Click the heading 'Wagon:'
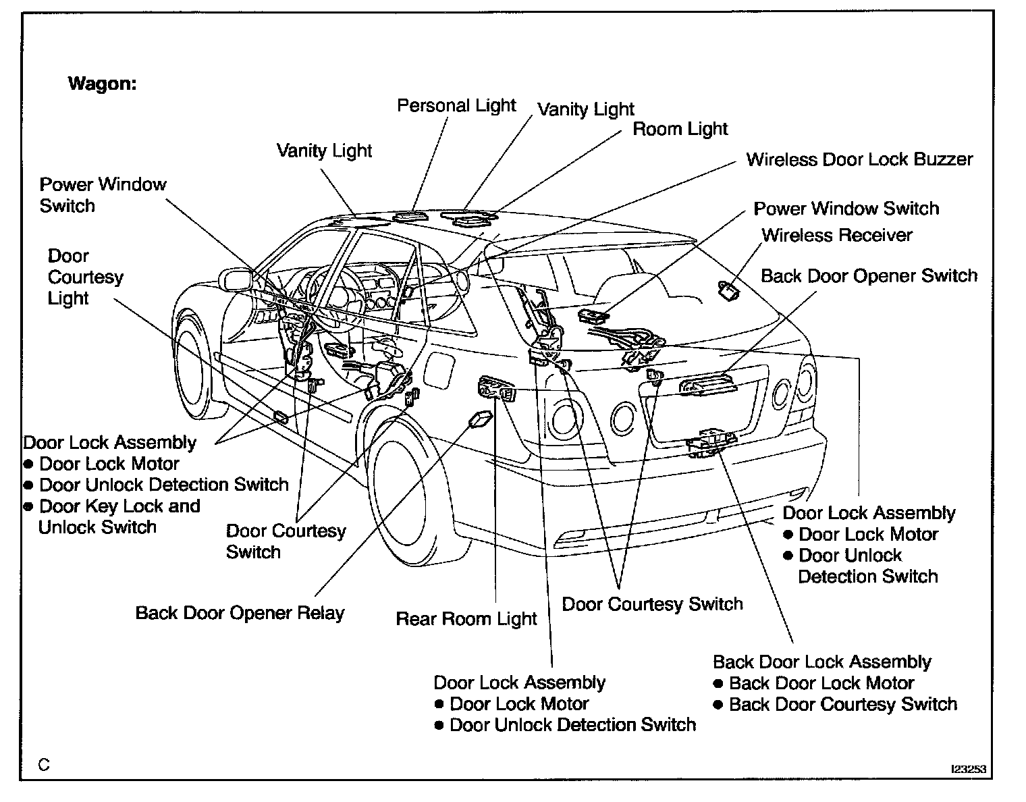coord(102,84)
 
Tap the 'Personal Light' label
coord(456,106)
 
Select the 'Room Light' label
coord(680,129)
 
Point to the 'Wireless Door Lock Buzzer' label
coord(859,160)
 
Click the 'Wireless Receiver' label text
coord(836,236)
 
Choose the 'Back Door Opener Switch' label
coord(869,276)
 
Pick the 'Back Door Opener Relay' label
coord(240,613)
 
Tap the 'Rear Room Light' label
coord(466,619)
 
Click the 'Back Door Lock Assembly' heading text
coord(821,662)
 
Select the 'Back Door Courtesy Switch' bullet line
coord(842,705)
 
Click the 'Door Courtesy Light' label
coord(85,277)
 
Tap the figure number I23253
coord(969,769)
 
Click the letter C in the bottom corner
coord(44,765)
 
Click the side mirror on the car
coord(235,279)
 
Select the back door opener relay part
coord(479,419)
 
